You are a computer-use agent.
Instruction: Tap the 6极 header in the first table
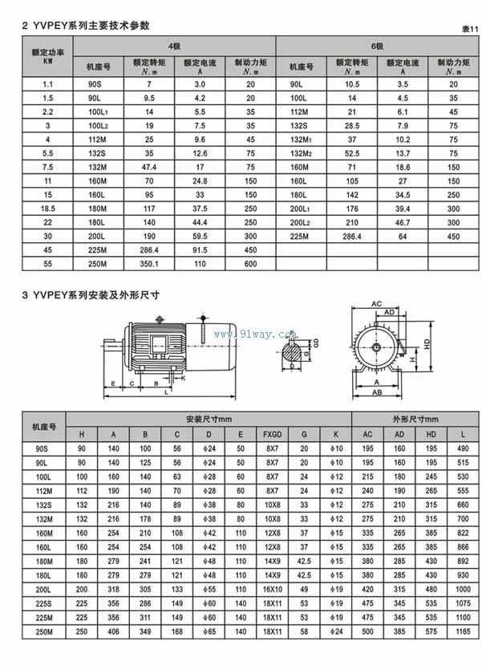(x=376, y=46)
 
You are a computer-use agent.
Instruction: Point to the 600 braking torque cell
(x=250, y=264)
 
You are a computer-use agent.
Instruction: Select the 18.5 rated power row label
(x=47, y=209)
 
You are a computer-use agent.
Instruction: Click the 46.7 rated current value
(x=403, y=222)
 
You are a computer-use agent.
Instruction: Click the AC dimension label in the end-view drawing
(x=376, y=302)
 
